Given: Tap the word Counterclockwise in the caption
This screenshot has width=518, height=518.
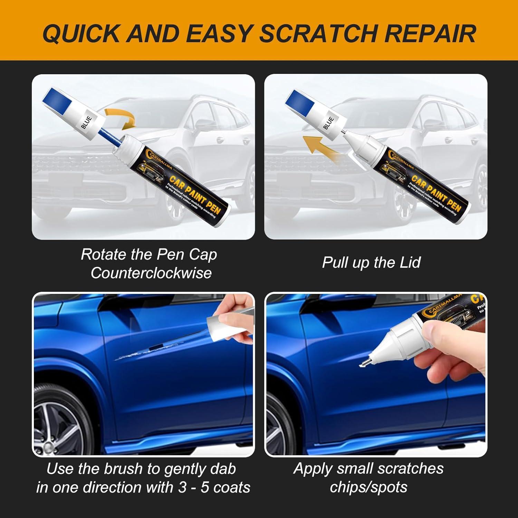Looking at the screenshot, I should pos(151,273).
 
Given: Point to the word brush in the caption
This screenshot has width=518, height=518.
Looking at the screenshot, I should pos(123,469).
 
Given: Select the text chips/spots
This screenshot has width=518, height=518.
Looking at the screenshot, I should pos(368,487).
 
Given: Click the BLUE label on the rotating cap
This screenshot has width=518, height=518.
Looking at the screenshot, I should pos(86,122).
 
